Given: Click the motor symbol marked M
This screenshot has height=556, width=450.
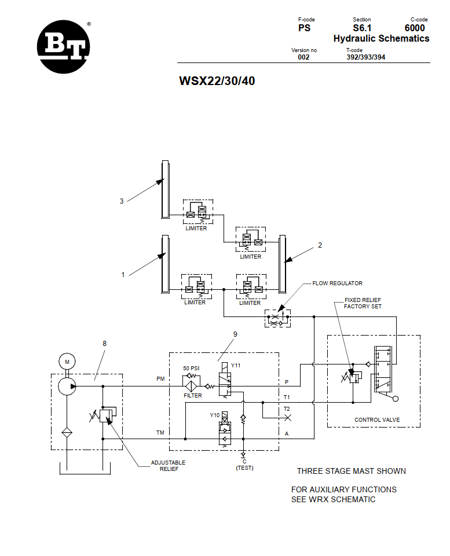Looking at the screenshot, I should pyautogui.click(x=67, y=362).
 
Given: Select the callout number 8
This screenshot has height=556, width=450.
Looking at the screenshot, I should pyautogui.click(x=104, y=343).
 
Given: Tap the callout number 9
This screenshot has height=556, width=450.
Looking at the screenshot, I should pyautogui.click(x=235, y=334).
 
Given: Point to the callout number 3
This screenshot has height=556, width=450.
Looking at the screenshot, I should pyautogui.click(x=122, y=201).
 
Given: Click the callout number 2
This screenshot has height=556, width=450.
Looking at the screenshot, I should pyautogui.click(x=320, y=245).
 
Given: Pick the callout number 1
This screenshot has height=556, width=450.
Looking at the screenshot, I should pyautogui.click(x=123, y=275).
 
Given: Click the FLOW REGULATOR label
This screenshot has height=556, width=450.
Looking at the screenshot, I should pyautogui.click(x=337, y=283).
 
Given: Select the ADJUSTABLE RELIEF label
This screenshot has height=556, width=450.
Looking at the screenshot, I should pyautogui.click(x=168, y=465).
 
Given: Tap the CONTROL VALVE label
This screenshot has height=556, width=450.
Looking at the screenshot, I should pyautogui.click(x=377, y=419).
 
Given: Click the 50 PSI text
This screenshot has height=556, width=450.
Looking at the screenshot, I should pyautogui.click(x=192, y=369).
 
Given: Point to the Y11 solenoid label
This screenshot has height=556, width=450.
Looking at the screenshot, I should pyautogui.click(x=236, y=366).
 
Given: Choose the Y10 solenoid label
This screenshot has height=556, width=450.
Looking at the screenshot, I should pyautogui.click(x=215, y=415).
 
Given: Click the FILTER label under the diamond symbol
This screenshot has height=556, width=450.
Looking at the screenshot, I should pyautogui.click(x=193, y=396).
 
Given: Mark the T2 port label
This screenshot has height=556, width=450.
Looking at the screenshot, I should pyautogui.click(x=287, y=409).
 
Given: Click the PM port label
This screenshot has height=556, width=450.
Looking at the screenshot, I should pyautogui.click(x=160, y=379).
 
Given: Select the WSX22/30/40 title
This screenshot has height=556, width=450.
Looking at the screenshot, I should pyautogui.click(x=217, y=81).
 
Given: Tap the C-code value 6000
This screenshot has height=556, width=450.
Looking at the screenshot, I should pyautogui.click(x=415, y=28).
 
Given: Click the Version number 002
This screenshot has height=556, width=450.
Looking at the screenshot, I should pyautogui.click(x=303, y=57).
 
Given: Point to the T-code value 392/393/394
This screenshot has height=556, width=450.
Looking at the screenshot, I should pyautogui.click(x=365, y=57).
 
